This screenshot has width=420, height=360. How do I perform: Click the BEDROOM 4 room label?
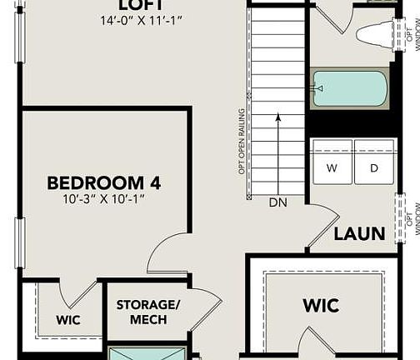pos(104,182)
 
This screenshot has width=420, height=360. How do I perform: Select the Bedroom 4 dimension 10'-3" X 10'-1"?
pos(104,200)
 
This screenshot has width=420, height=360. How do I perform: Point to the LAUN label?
pos(359,233)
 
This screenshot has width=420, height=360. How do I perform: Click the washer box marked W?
pos(332,167)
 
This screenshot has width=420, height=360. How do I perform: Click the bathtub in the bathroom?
pos(350,88)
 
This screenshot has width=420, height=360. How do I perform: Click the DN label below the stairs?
pos(278,202)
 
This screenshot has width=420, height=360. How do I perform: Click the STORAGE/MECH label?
pos(147,312)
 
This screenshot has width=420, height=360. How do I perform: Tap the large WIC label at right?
pos(321,306)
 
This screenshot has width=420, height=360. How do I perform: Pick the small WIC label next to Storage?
pos(68,319)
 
